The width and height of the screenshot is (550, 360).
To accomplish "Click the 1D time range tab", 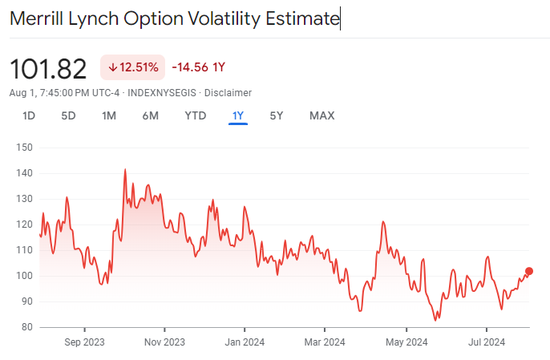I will [29, 115].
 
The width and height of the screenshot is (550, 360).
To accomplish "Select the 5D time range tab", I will [68, 115].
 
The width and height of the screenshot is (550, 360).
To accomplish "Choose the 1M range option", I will [109, 115].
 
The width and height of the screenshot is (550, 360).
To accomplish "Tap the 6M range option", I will [150, 115].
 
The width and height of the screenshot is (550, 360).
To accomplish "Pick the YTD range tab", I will [196, 115].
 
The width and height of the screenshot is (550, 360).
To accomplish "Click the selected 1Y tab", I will [237, 115].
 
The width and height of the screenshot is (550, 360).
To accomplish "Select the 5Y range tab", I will [277, 115].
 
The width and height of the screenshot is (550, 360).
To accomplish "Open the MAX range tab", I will [322, 115].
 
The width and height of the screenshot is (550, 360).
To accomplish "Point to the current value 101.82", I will [48, 69].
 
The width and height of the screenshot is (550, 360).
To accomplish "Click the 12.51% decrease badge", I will [133, 67].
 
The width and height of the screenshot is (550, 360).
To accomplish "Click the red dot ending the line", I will [528, 271].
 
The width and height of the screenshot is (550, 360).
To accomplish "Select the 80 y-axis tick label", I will [26, 327].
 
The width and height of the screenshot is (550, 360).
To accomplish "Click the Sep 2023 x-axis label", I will [84, 342].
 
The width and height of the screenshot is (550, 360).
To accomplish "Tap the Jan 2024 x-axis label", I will [245, 342].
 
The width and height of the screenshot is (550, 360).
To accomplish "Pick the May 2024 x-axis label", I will [406, 342].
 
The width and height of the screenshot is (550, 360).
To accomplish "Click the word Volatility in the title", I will [216, 18].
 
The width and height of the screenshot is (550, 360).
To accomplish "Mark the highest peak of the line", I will [125, 169].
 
